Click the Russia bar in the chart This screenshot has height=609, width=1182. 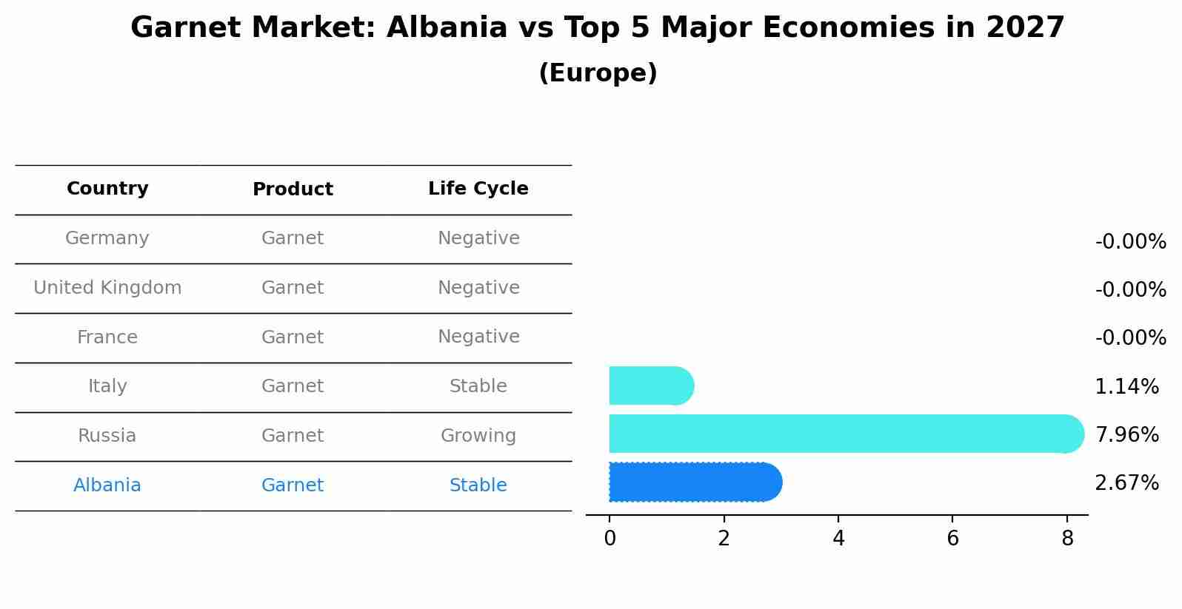click(844, 434)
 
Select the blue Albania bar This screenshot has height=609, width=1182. click(695, 482)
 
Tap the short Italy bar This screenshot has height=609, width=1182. click(650, 386)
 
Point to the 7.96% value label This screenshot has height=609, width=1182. click(1126, 434)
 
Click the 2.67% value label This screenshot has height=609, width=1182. click(1126, 483)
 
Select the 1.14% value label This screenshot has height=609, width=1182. click(1126, 386)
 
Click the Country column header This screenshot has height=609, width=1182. click(107, 189)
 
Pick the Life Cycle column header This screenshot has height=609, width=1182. click(478, 189)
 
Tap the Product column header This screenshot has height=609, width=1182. click(293, 189)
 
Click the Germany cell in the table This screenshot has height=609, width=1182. click(107, 238)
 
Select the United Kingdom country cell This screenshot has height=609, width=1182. click(107, 288)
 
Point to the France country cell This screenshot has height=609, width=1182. click(107, 337)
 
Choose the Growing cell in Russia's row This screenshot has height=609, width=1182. click(478, 436)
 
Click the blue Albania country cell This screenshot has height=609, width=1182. click(107, 485)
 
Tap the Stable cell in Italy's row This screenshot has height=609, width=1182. click(478, 386)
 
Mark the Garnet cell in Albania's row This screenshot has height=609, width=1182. click(293, 485)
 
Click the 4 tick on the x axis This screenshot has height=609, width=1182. click(838, 539)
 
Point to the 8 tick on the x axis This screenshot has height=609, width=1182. click(1067, 539)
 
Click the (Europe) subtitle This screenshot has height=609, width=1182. click(598, 73)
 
